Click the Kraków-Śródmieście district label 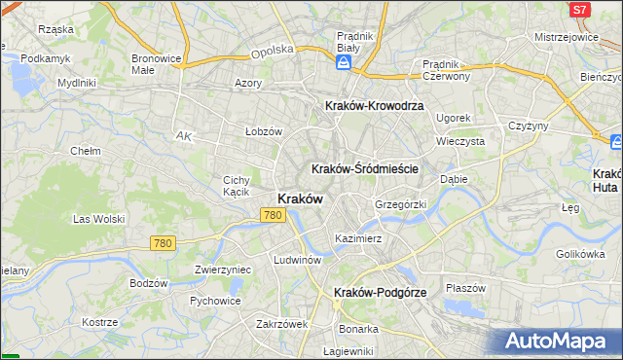pyautogui.click(x=365, y=168)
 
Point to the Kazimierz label pyautogui.click(x=357, y=237)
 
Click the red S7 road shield pyautogui.click(x=580, y=10)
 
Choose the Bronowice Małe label pyautogui.click(x=157, y=64)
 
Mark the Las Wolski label pyautogui.click(x=96, y=219)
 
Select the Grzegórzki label pyautogui.click(x=401, y=205)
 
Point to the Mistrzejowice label pyautogui.click(x=566, y=36)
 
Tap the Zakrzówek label pyautogui.click(x=282, y=324)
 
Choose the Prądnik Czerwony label pyautogui.click(x=447, y=70)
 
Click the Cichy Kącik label pyautogui.click(x=238, y=186)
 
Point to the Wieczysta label pyautogui.click(x=461, y=140)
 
